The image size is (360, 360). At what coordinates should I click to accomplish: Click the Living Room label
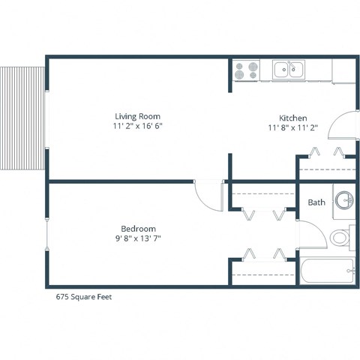[x=137, y=116]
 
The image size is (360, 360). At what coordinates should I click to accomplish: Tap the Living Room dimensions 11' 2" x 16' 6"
[x=137, y=126]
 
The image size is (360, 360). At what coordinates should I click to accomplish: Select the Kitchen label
[x=292, y=118]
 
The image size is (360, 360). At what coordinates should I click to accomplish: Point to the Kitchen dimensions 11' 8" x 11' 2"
[x=292, y=128]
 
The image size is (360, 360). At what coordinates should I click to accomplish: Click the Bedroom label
[x=138, y=229]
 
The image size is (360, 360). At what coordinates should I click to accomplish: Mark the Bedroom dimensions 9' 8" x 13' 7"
[x=138, y=238]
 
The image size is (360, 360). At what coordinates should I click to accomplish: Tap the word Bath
[x=316, y=202]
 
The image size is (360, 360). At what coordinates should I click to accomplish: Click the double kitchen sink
[x=288, y=70]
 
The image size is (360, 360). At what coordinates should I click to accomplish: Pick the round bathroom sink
[x=343, y=200]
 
